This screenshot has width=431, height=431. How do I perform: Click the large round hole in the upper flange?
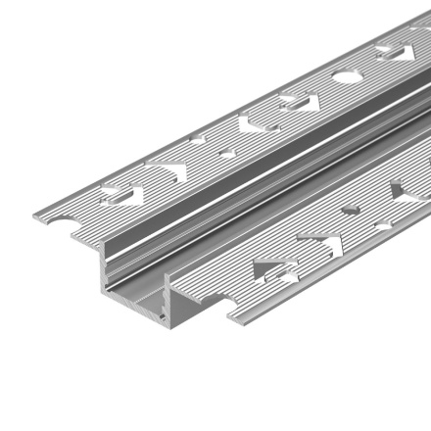tap(346, 75)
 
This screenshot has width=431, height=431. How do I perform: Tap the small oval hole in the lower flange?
tap(350, 209)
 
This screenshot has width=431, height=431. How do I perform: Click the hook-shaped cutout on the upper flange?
tap(250, 124)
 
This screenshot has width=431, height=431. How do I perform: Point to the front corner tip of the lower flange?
tap(230, 323)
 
